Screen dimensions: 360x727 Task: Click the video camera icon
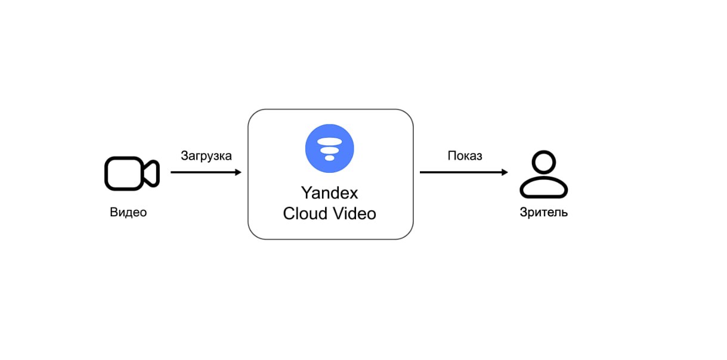click(x=132, y=173)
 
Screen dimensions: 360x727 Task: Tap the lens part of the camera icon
click(x=151, y=173)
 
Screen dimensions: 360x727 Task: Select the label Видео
click(x=128, y=212)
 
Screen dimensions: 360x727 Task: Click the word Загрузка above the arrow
click(x=206, y=156)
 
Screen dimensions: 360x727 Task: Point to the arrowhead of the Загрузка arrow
click(x=238, y=172)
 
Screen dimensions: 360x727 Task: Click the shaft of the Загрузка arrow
click(x=203, y=172)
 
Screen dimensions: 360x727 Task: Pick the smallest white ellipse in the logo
click(x=329, y=158)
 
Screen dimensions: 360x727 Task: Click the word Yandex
click(x=329, y=193)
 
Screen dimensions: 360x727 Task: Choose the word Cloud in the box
click(x=306, y=213)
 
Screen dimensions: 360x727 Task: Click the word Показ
click(x=465, y=156)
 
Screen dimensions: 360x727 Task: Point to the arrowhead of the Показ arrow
click(x=505, y=172)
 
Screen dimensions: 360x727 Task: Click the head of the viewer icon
click(x=543, y=163)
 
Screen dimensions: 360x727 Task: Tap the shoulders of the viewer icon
click(x=543, y=188)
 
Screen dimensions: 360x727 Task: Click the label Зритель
click(x=543, y=212)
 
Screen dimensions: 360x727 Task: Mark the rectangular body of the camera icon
click(x=123, y=173)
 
